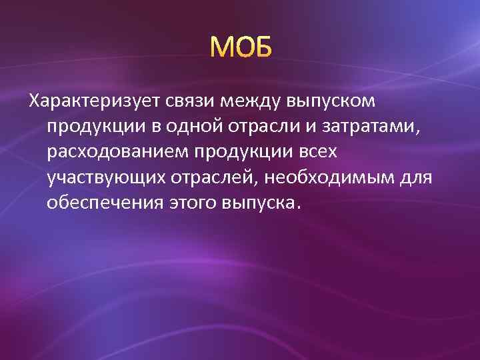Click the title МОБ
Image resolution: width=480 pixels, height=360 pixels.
[240, 47]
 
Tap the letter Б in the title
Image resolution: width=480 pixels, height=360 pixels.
[261, 47]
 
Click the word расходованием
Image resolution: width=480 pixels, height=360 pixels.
[117, 153]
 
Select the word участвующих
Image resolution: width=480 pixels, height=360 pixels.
[107, 178]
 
